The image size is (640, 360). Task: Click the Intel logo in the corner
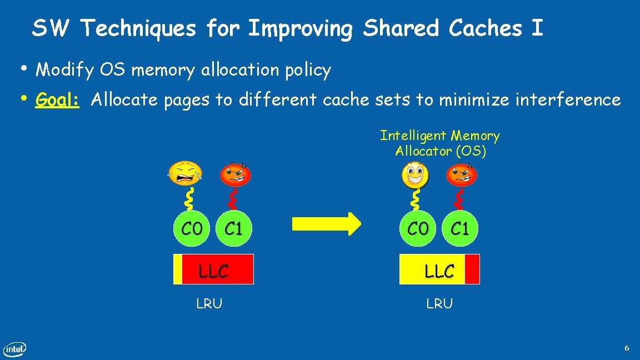click(15, 349)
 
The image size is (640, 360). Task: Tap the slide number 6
click(627, 348)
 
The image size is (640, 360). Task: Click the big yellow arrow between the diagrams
click(326, 224)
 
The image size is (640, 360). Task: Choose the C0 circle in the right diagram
click(418, 228)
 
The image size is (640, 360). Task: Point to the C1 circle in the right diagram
click(460, 228)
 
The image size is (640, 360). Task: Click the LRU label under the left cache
click(209, 303)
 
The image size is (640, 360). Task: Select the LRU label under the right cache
click(439, 303)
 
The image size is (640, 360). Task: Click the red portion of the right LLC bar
click(472, 269)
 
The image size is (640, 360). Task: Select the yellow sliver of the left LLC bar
click(178, 269)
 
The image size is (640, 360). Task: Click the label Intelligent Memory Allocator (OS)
click(439, 143)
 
